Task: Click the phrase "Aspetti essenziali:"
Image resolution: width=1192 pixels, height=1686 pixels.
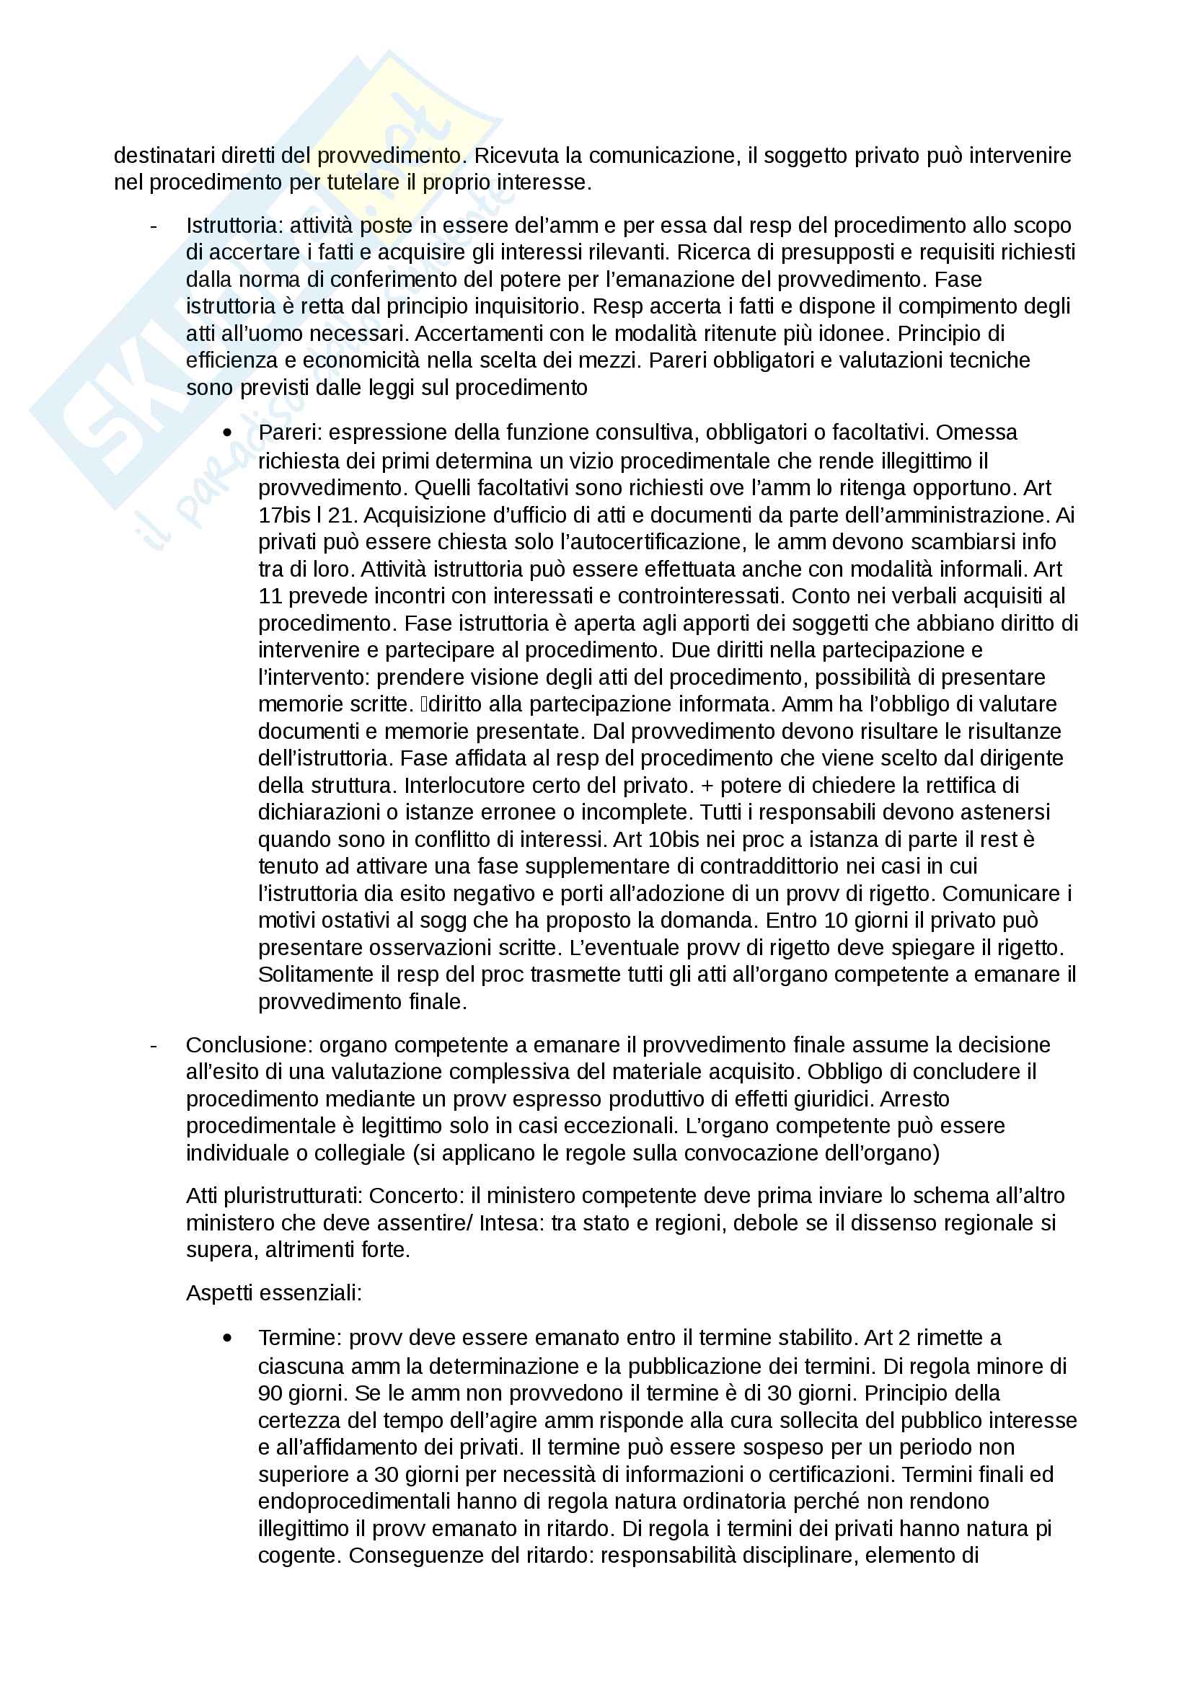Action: pyautogui.click(x=273, y=1293)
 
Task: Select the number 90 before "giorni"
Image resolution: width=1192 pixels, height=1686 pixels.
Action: pyautogui.click(x=270, y=1394)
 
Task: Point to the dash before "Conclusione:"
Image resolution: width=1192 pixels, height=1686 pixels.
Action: pyautogui.click(x=154, y=1045)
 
